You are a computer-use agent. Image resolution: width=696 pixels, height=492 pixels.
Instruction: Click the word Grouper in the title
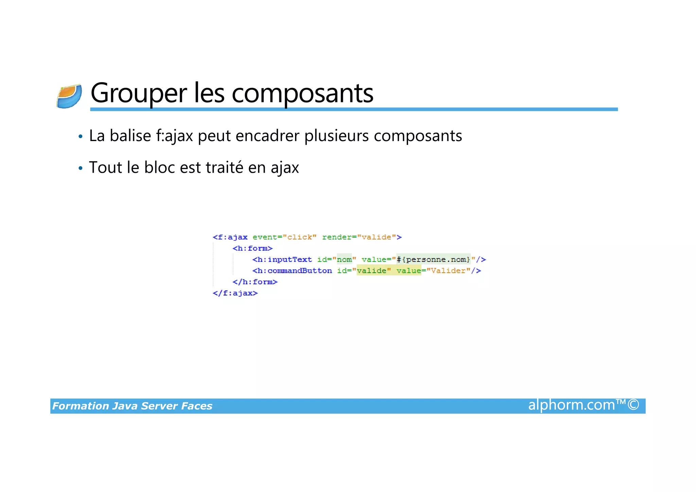pos(139,93)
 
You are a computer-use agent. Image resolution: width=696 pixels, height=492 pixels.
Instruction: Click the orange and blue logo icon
pos(69,97)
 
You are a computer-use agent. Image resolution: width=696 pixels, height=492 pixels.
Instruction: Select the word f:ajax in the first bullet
pos(174,136)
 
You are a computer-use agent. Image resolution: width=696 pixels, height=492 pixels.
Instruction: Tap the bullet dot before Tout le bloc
pos(81,168)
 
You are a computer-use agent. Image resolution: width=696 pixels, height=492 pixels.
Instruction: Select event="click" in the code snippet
pos(284,237)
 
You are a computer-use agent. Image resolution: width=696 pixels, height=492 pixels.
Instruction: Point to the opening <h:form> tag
pos(253,249)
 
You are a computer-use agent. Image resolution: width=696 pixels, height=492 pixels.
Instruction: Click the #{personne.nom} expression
pos(433,260)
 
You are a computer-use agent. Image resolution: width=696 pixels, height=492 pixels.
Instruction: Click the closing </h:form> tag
pos(255,282)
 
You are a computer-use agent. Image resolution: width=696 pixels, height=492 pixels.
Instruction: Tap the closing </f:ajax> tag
pos(235,293)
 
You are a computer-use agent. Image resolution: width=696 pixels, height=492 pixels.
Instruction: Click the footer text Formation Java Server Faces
pos(132,406)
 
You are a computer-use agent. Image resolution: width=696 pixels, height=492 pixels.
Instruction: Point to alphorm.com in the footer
pos(572,405)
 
